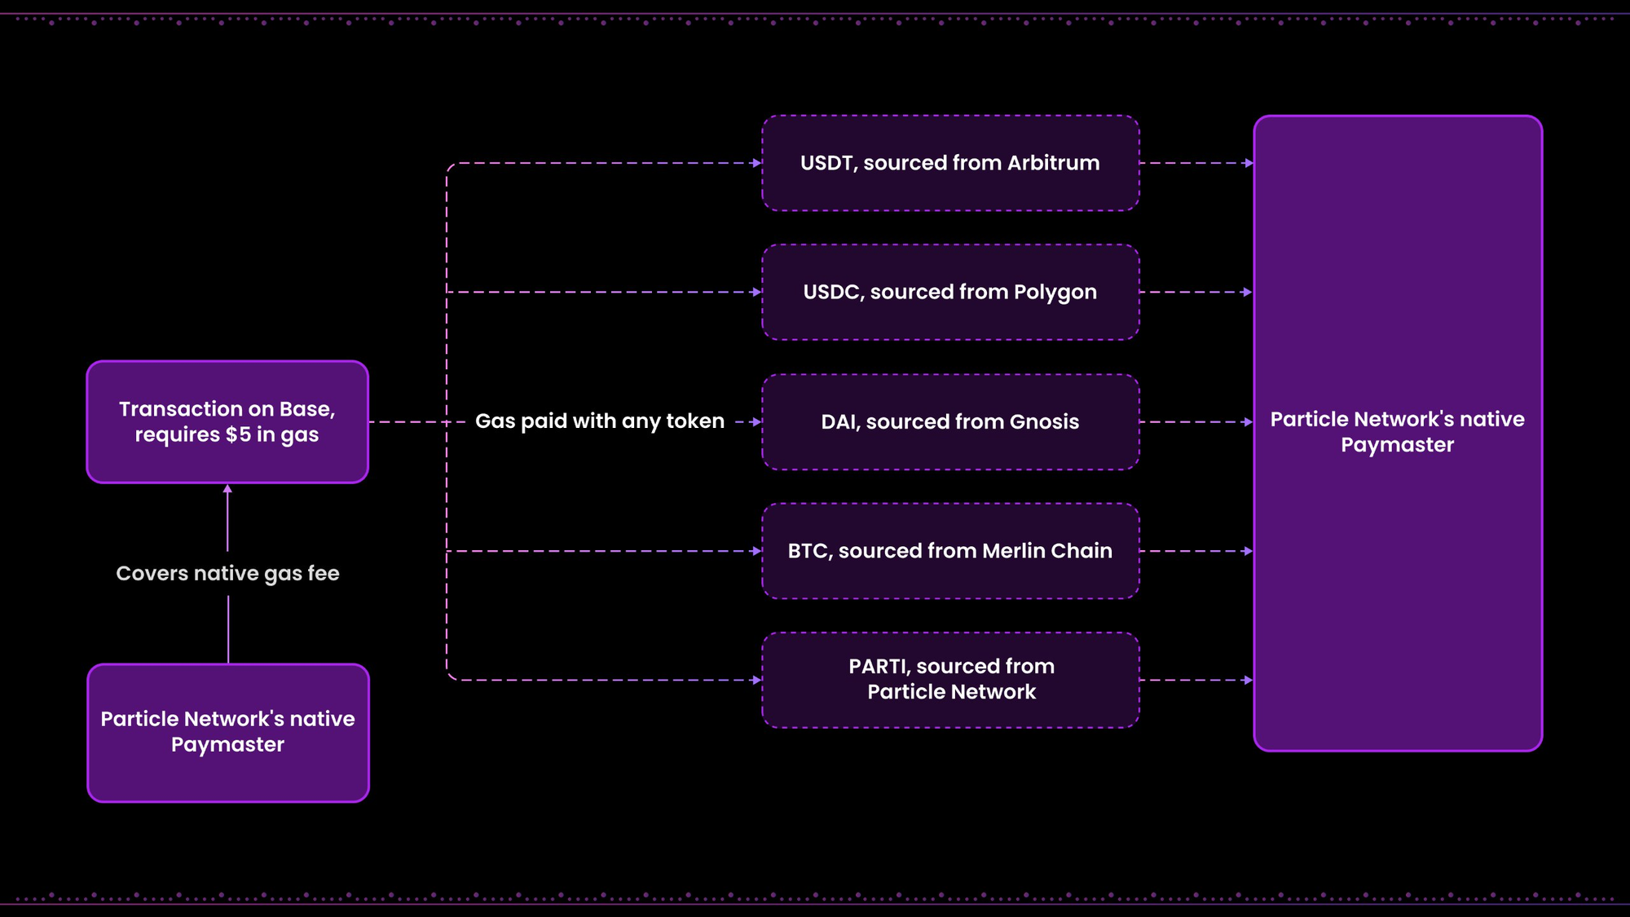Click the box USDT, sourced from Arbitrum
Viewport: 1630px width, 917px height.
pyautogui.click(x=950, y=163)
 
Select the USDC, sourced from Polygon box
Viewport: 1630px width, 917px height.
pyautogui.click(x=950, y=292)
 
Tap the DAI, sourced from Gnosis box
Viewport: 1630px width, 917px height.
pyautogui.click(x=950, y=421)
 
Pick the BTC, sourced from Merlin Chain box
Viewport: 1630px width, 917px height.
pyautogui.click(x=950, y=551)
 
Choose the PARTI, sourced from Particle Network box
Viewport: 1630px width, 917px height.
pyautogui.click(x=950, y=680)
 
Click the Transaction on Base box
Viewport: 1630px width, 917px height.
pyautogui.click(x=227, y=421)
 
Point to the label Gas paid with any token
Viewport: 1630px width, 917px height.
pyautogui.click(x=600, y=421)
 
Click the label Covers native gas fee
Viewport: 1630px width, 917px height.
pyautogui.click(x=227, y=574)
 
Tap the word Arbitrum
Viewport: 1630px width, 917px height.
pyautogui.click(x=1053, y=163)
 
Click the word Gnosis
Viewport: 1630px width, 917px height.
pyautogui.click(x=1044, y=421)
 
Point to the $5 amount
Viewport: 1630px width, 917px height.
pyautogui.click(x=238, y=434)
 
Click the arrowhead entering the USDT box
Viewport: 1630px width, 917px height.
pyautogui.click(x=757, y=163)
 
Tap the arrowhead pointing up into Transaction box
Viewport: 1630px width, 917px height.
pyautogui.click(x=227, y=489)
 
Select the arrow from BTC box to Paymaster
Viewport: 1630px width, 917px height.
pyautogui.click(x=1196, y=551)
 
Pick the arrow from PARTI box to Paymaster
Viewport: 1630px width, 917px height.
pyautogui.click(x=1196, y=680)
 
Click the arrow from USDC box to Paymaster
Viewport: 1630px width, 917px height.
pyautogui.click(x=1196, y=292)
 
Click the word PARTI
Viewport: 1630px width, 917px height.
pyautogui.click(x=879, y=667)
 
